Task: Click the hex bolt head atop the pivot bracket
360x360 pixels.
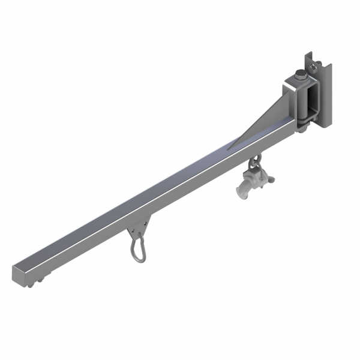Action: coord(298,76)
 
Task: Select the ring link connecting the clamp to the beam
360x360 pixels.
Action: coord(255,162)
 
